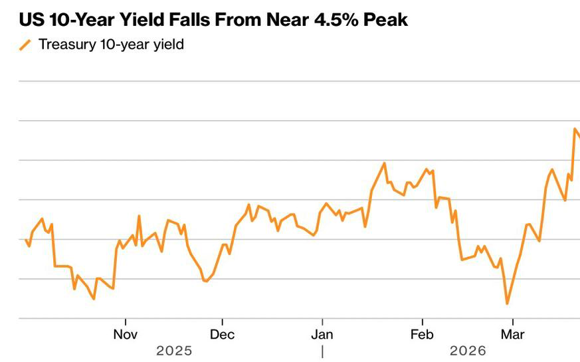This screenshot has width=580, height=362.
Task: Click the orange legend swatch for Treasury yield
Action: [x=25, y=45]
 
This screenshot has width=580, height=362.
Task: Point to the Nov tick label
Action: [x=125, y=334]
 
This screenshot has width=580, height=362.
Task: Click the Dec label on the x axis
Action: [x=222, y=334]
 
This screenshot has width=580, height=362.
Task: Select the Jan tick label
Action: [x=322, y=334]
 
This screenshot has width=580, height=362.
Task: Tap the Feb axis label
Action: [x=422, y=334]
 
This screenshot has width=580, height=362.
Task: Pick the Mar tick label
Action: [x=512, y=334]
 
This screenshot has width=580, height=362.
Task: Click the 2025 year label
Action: [x=174, y=350]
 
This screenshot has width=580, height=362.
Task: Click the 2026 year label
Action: [x=468, y=350]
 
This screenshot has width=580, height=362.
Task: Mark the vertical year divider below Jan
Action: [x=322, y=351]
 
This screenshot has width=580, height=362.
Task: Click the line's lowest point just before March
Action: [x=507, y=304]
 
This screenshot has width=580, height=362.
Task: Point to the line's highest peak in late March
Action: [x=575, y=129]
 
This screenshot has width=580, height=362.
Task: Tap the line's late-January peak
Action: [x=385, y=163]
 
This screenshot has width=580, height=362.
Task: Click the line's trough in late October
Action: [x=94, y=298]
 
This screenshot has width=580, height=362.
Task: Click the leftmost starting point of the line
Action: [x=25, y=240]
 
